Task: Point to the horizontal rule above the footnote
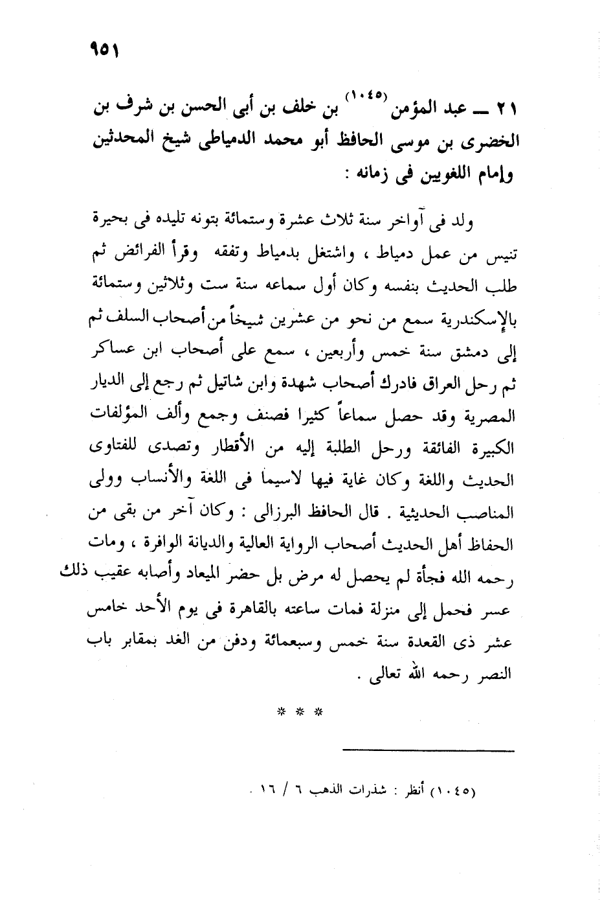coord(428,752)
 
